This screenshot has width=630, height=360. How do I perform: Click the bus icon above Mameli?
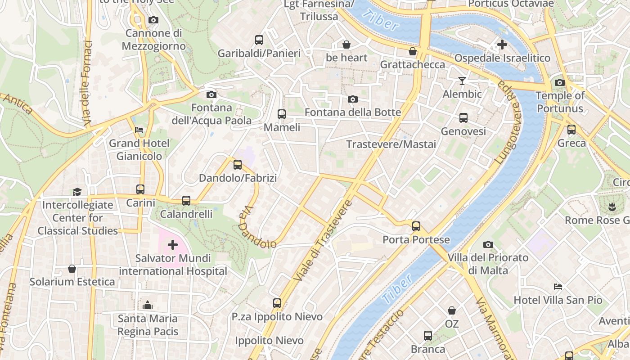tap(282, 114)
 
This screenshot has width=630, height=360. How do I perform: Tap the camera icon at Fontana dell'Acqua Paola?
tap(211, 94)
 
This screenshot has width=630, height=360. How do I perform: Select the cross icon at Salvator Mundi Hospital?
tap(173, 245)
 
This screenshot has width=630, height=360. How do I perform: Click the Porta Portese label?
tap(416, 239)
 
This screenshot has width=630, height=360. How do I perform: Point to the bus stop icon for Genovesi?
tap(463, 118)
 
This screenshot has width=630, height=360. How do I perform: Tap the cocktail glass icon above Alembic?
tap(462, 81)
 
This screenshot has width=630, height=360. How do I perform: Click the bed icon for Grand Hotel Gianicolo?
tap(139, 130)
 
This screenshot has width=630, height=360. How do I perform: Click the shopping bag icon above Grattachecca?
tap(412, 51)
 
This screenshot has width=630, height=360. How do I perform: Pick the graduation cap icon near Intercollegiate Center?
tap(77, 192)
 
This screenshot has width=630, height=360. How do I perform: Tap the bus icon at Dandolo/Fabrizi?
tap(238, 165)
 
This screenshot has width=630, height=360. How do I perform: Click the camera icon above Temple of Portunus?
tap(560, 82)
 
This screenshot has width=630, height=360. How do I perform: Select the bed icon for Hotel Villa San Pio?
tap(558, 287)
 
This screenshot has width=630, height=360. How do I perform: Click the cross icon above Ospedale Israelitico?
tap(502, 45)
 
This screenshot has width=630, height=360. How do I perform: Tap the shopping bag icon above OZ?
tap(452, 310)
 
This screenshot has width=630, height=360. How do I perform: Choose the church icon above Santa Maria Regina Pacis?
tap(148, 305)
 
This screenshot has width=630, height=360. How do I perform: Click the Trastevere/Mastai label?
tap(391, 144)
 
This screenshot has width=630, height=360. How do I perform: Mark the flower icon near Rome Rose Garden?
tap(612, 207)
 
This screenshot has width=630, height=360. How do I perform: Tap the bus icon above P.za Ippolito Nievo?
tap(277, 303)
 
